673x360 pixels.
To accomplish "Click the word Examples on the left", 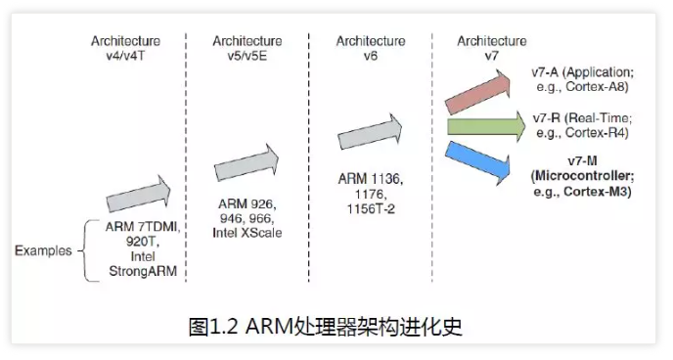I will coord(43,250).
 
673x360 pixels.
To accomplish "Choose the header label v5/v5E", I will coord(247,56).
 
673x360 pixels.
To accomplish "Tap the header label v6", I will coord(371,56).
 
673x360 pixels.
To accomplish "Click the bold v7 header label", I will coord(491,56).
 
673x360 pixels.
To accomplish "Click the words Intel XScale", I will coord(246,232).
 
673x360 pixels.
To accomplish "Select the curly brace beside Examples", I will coord(88,250).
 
